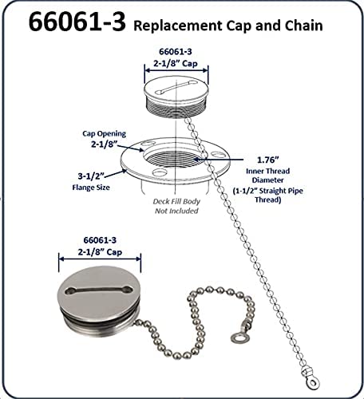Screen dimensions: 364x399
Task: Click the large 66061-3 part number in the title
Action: click(x=77, y=22)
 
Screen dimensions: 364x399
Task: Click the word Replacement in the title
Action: click(x=177, y=26)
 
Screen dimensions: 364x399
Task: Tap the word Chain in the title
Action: click(x=304, y=26)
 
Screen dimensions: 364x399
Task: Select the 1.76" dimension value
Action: click(x=268, y=160)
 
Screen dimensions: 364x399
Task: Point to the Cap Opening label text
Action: click(x=104, y=134)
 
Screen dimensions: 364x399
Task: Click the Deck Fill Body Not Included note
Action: click(x=176, y=206)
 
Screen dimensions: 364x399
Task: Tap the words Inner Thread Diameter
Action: click(x=268, y=176)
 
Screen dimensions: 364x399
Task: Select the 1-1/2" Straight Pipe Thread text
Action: click(x=268, y=195)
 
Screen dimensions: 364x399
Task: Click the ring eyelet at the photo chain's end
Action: click(x=238, y=338)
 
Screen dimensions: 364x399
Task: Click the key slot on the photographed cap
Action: click(x=98, y=290)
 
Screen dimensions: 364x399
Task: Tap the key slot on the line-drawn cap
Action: click(x=176, y=87)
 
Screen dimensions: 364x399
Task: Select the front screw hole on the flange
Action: click(x=159, y=173)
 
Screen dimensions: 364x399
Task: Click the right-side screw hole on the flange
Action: click(x=218, y=154)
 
